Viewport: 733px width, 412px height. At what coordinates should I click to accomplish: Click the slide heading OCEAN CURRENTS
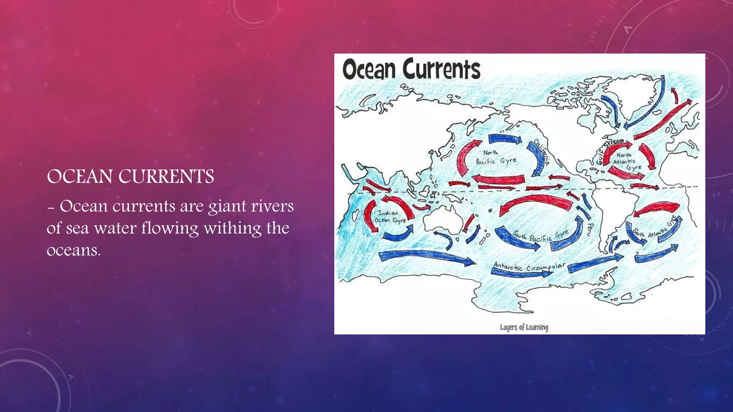[x=130, y=177]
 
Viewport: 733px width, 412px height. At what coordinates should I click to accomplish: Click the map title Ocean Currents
[x=411, y=69]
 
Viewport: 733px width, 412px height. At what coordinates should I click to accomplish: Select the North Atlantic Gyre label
[x=626, y=161]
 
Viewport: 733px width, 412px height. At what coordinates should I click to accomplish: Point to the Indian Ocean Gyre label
[x=389, y=217]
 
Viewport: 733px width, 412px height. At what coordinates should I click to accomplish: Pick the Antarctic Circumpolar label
[x=529, y=266]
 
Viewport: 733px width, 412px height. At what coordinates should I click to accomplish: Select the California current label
[x=542, y=152]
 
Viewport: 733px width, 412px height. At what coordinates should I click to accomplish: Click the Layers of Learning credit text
[x=524, y=327]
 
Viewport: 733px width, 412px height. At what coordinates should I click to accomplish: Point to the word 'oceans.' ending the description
[x=73, y=250]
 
